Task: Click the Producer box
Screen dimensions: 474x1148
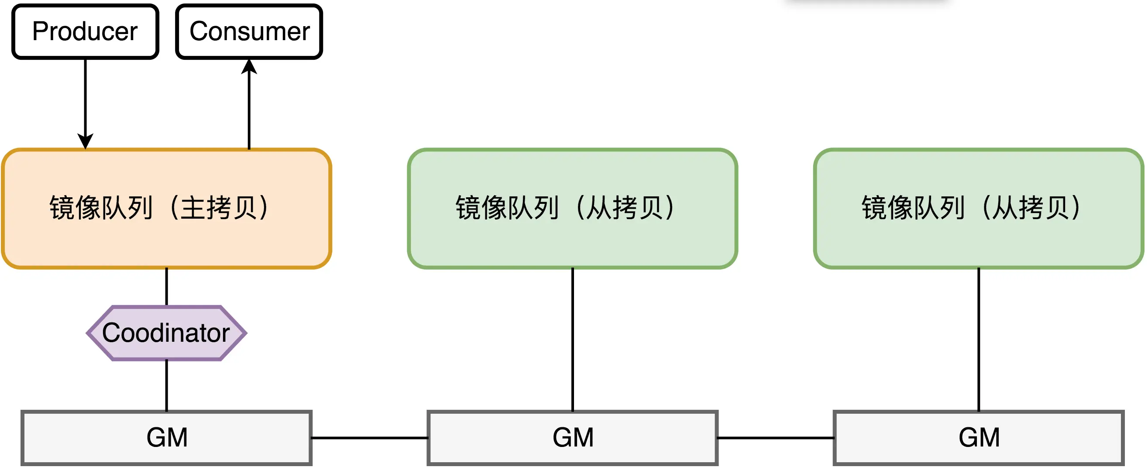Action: point(85,31)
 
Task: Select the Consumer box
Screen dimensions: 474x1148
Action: point(249,31)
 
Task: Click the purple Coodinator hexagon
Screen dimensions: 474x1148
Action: point(166,333)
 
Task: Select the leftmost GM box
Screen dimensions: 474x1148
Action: point(166,438)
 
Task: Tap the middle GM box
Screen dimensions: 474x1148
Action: point(572,438)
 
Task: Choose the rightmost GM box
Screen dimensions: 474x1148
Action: point(978,438)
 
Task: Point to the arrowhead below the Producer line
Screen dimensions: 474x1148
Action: point(85,141)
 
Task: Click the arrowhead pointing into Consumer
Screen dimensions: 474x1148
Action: point(249,67)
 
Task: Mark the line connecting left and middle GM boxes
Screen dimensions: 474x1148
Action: point(369,438)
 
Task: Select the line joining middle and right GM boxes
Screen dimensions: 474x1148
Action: point(775,438)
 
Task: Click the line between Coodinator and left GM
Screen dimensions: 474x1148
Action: point(166,386)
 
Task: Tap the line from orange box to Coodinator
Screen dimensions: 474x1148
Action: point(166,287)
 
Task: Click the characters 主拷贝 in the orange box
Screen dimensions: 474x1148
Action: point(218,209)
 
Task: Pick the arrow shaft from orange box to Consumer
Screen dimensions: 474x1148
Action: point(249,111)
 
